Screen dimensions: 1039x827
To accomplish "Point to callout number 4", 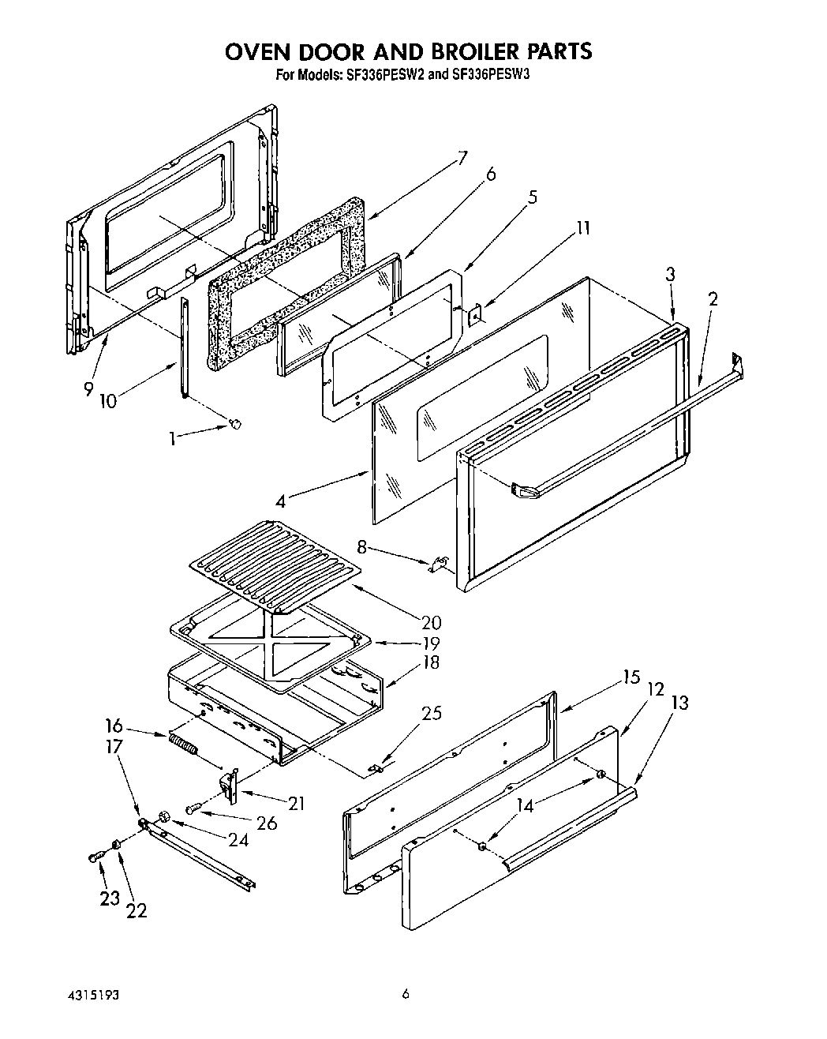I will point(282,500).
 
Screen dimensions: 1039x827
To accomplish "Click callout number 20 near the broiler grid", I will point(431,623).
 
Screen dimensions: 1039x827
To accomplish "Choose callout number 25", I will point(432,713).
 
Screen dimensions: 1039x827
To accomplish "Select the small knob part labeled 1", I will point(234,425).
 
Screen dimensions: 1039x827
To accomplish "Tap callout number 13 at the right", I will point(679,702).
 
